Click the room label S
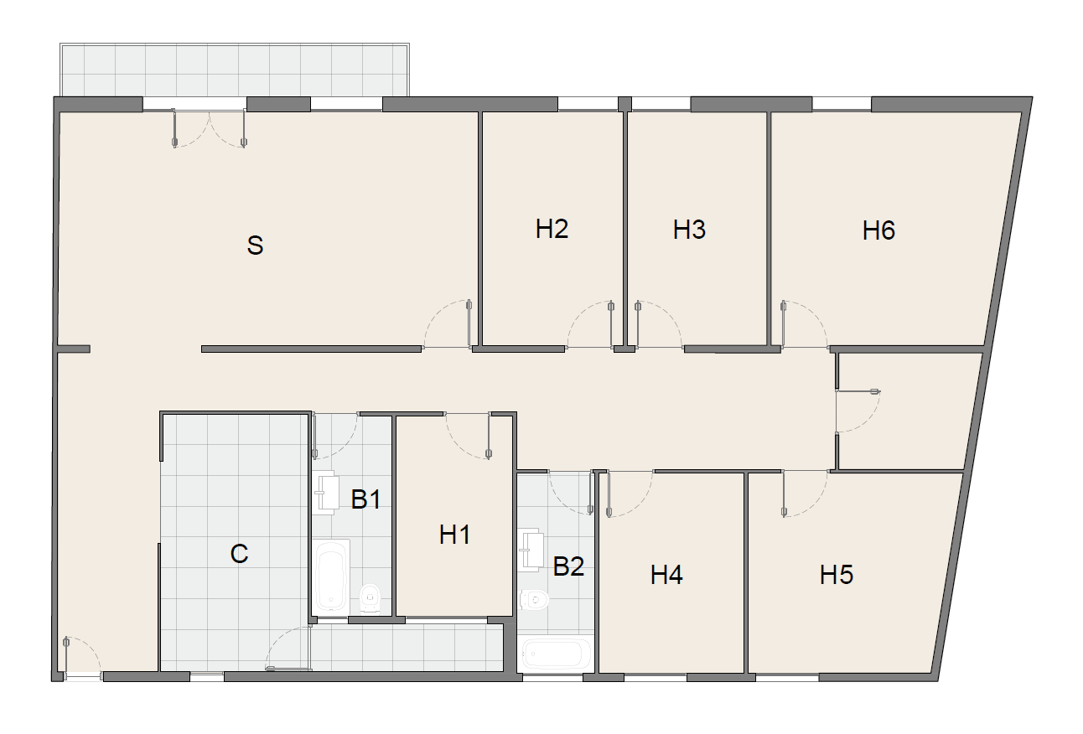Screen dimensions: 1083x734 click(x=256, y=246)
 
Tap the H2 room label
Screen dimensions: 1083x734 click(x=552, y=229)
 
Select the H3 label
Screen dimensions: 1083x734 click(x=689, y=230)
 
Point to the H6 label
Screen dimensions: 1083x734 click(x=878, y=230)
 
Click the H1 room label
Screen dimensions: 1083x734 click(x=454, y=535)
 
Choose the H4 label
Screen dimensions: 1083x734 click(x=666, y=575)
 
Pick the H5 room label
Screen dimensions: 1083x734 click(x=837, y=575)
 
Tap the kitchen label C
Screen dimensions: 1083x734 click(x=240, y=554)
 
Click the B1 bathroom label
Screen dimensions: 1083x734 click(x=366, y=499)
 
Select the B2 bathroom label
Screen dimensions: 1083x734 click(x=568, y=566)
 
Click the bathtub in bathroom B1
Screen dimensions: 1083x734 click(x=332, y=576)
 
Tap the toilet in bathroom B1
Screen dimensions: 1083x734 click(x=370, y=598)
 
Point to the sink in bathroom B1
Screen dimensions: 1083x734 click(x=326, y=493)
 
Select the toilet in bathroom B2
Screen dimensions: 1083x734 click(x=534, y=600)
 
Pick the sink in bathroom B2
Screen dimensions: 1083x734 click(x=531, y=550)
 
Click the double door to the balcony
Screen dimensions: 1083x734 click(x=209, y=128)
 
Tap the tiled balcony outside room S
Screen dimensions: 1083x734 click(x=235, y=70)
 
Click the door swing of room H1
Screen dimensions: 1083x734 click(x=468, y=436)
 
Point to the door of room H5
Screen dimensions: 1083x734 click(x=805, y=494)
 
